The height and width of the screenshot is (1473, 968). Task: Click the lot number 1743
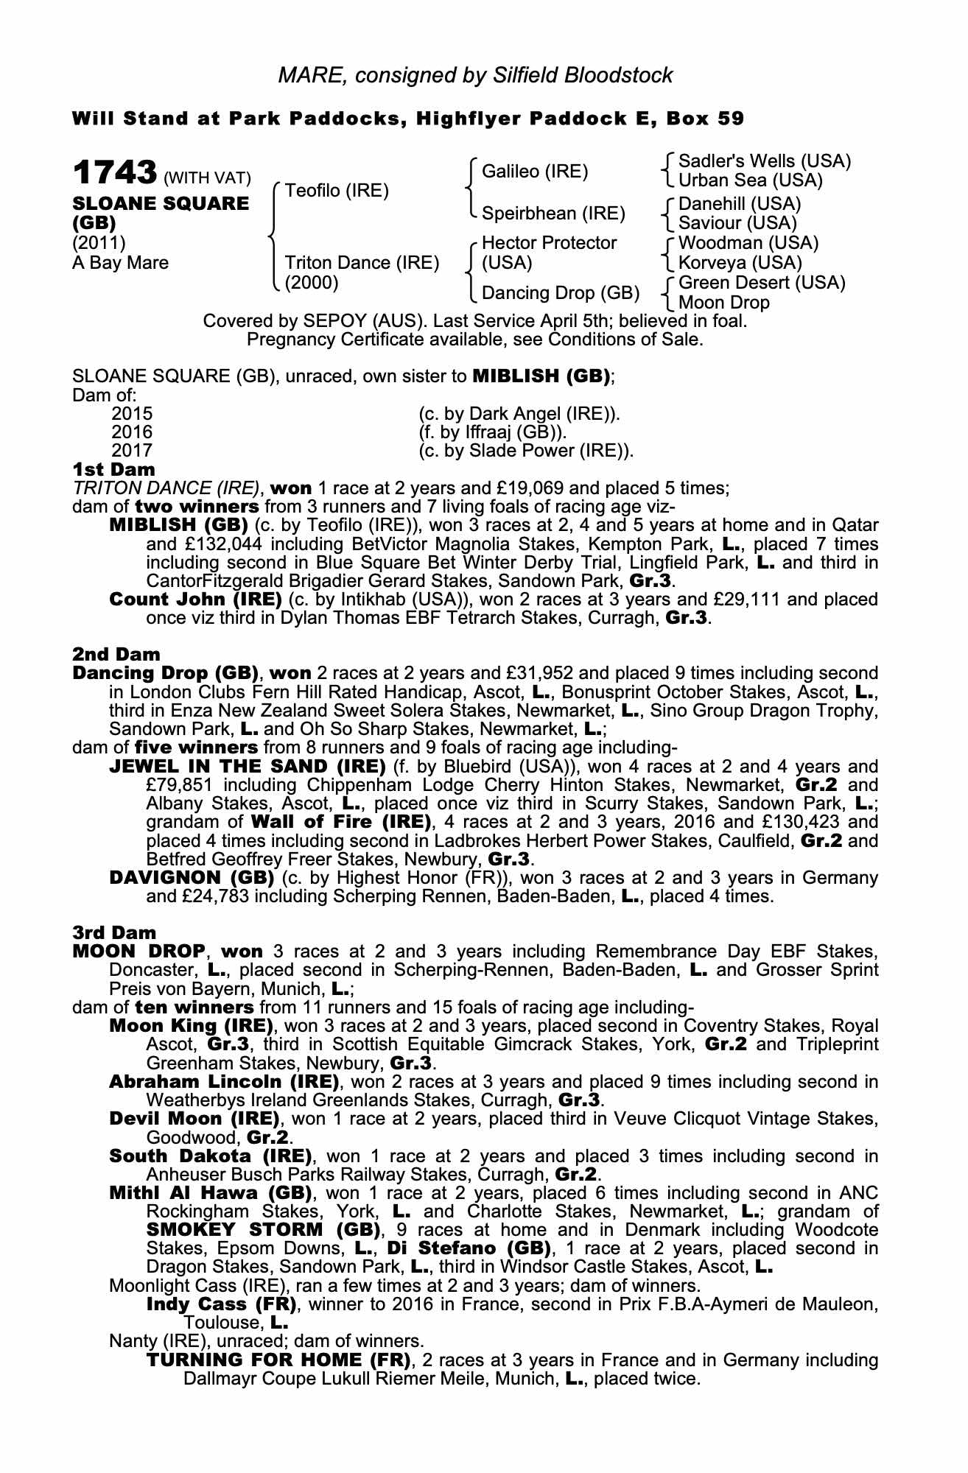[x=114, y=173]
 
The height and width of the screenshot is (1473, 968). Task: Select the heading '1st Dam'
[x=113, y=470]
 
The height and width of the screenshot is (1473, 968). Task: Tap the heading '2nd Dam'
[x=116, y=654]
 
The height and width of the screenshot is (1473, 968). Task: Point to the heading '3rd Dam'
[x=115, y=932]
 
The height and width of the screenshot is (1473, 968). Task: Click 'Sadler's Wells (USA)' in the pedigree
[x=764, y=161]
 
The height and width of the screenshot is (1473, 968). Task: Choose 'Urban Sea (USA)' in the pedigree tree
[x=750, y=180]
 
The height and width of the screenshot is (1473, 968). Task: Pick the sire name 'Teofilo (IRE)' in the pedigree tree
[x=337, y=191]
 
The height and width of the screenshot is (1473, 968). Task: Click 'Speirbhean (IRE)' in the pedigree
[x=553, y=214]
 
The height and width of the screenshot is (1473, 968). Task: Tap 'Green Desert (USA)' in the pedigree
[x=761, y=283]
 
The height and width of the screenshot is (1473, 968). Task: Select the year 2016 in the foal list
[x=132, y=432]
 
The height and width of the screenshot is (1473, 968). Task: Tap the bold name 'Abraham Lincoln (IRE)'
[x=224, y=1082]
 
